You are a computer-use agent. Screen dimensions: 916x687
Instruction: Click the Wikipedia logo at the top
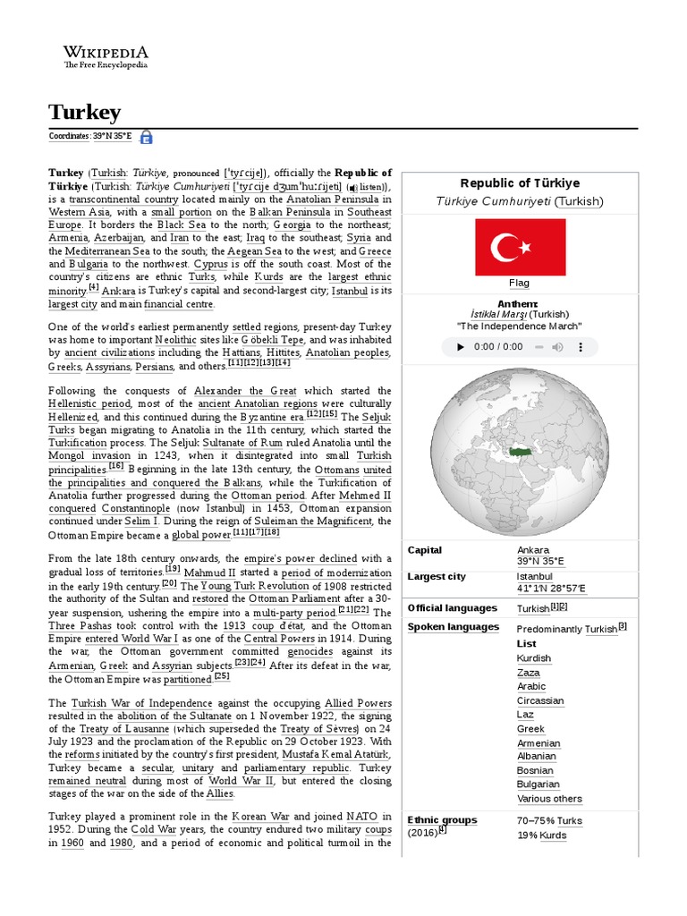click(106, 56)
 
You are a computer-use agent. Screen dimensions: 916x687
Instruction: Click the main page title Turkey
click(84, 112)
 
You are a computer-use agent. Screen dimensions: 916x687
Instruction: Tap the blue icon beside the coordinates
click(146, 137)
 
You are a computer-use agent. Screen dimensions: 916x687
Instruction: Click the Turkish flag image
click(519, 247)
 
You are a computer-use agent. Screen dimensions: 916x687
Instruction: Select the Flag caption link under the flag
click(519, 283)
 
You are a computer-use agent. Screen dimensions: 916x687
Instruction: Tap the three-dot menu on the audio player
click(585, 347)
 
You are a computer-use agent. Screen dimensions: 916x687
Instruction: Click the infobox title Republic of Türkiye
click(519, 182)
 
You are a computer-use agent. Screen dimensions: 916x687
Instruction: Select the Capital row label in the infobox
click(425, 550)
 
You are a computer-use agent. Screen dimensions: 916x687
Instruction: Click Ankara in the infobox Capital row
click(533, 550)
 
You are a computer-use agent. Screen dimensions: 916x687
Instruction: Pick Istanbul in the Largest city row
click(535, 577)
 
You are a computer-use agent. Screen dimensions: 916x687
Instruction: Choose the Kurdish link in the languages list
click(534, 658)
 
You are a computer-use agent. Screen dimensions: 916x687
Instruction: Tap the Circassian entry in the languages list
click(540, 700)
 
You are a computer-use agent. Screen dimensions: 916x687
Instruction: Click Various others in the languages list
click(549, 799)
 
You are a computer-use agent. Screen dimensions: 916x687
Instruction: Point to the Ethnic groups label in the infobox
click(442, 820)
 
